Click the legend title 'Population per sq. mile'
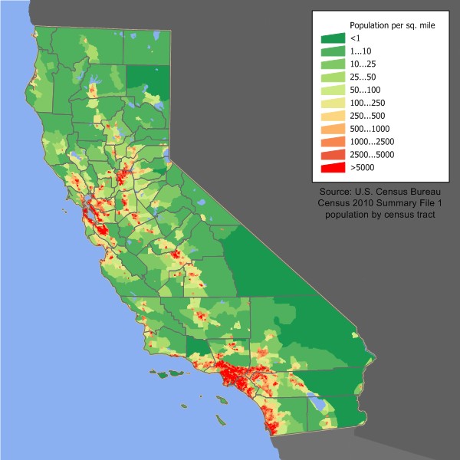[392, 25]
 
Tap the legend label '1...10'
[361, 51]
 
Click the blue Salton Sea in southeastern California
[314, 401]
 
